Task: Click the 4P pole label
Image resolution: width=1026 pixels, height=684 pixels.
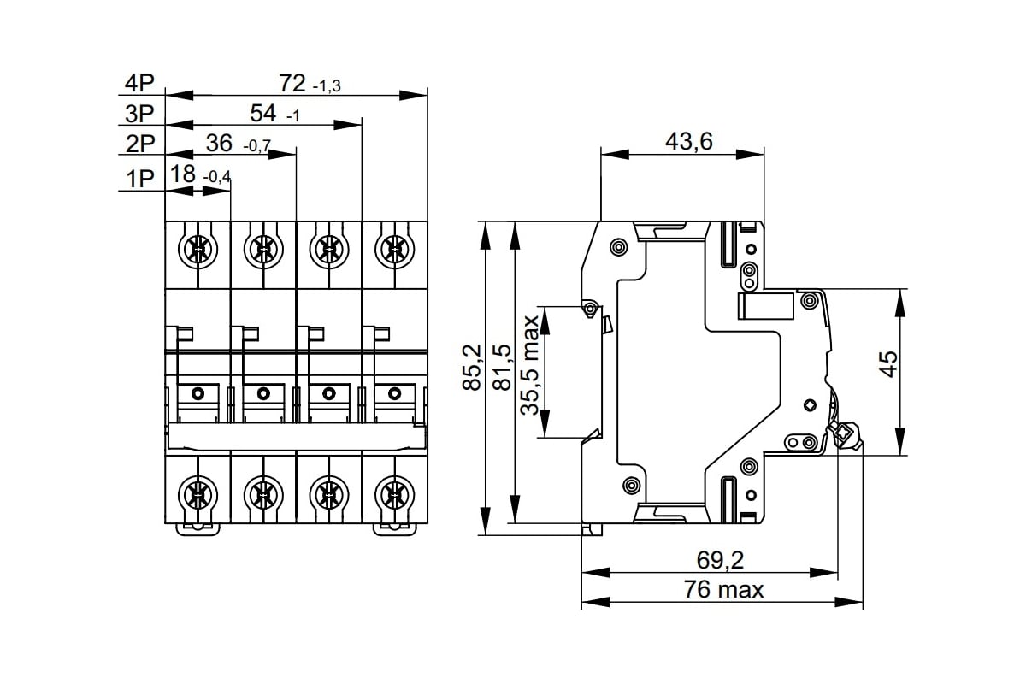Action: pos(139,83)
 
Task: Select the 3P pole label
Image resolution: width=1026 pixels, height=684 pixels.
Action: pos(139,113)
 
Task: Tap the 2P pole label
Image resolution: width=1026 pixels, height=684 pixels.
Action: pos(139,144)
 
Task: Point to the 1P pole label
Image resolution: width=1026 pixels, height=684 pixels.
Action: pos(139,178)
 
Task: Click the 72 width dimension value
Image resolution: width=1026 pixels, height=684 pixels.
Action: pos(292,83)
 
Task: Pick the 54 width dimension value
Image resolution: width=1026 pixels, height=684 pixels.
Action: pos(262,113)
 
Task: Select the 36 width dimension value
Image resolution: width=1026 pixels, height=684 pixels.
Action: pos(219,143)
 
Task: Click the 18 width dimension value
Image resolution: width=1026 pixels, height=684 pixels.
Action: pos(182,174)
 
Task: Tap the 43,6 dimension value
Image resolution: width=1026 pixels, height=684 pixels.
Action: pos(689,141)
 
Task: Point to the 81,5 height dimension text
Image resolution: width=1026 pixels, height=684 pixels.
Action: pos(503,368)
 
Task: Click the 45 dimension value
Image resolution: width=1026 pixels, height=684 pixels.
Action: pos(888,363)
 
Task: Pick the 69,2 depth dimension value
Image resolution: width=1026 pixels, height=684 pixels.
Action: pos(720,560)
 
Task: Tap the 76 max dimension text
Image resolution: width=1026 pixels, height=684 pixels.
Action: pos(723,589)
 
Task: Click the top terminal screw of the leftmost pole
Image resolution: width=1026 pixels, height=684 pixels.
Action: pos(198,249)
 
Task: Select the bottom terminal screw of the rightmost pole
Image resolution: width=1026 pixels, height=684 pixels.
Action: pos(393,493)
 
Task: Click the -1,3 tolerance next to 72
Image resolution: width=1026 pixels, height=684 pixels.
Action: pos(327,87)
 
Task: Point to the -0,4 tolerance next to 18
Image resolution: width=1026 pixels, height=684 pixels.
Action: pos(217,178)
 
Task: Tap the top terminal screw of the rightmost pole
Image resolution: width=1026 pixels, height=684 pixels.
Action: pos(393,249)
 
